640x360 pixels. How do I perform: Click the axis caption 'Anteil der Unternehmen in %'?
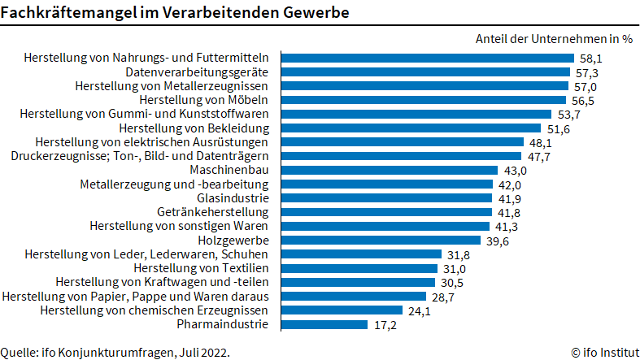tap(553, 39)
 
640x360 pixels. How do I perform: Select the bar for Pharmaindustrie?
tap(324, 324)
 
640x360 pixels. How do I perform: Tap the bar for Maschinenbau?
tap(389, 170)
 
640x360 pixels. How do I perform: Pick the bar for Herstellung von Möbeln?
tap(423, 100)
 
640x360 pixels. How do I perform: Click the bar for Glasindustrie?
tap(386, 198)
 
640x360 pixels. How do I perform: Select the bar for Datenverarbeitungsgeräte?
tap(424, 72)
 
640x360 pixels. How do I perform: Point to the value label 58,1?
tap(590, 59)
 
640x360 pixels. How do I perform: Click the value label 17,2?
tap(384, 324)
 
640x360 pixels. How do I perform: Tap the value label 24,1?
tap(420, 310)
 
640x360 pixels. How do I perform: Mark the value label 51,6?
tap(556, 128)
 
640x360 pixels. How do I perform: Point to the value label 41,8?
tap(508, 212)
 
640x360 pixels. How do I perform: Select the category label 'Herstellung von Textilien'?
tap(207, 268)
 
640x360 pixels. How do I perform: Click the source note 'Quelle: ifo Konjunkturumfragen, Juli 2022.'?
tap(115, 352)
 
